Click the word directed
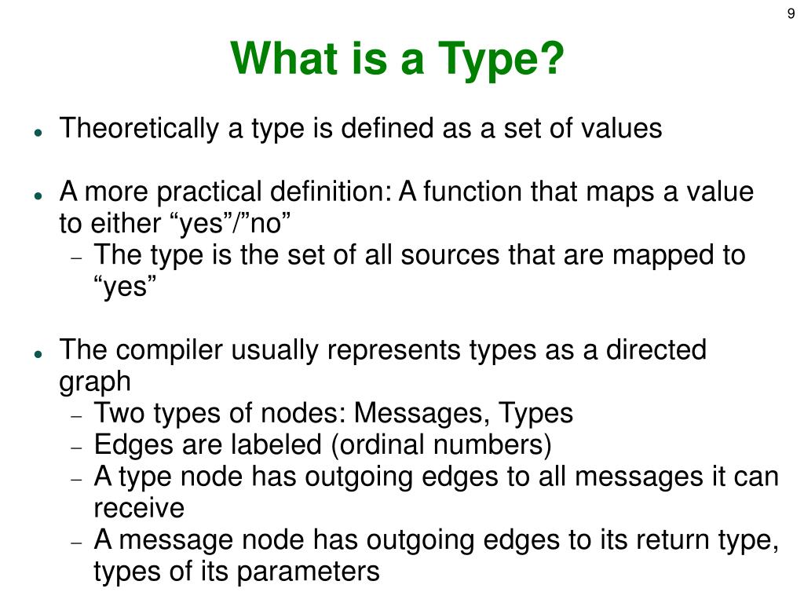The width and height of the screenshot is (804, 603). (x=656, y=350)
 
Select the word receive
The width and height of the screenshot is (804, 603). (x=139, y=509)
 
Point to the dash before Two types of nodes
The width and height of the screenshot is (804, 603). (x=76, y=415)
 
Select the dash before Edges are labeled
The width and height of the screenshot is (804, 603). (x=76, y=446)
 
